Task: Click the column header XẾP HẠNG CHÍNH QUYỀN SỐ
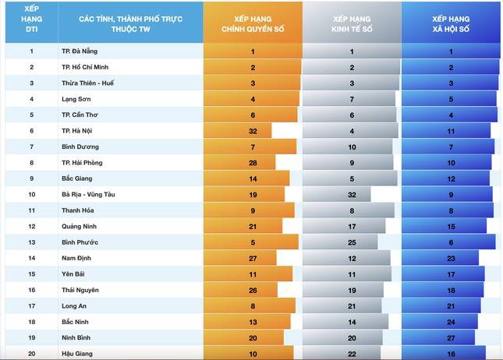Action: point(253,23)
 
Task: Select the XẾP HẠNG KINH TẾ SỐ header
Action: point(352,23)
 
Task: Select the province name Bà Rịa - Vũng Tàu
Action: point(88,194)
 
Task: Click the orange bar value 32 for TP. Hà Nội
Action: point(253,131)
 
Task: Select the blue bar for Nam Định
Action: point(441,258)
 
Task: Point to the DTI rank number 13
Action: point(32,242)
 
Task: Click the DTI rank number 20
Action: point(32,353)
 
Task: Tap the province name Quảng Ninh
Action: point(80,226)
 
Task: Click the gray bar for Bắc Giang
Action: point(350,178)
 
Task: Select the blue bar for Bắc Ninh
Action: point(441,321)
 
